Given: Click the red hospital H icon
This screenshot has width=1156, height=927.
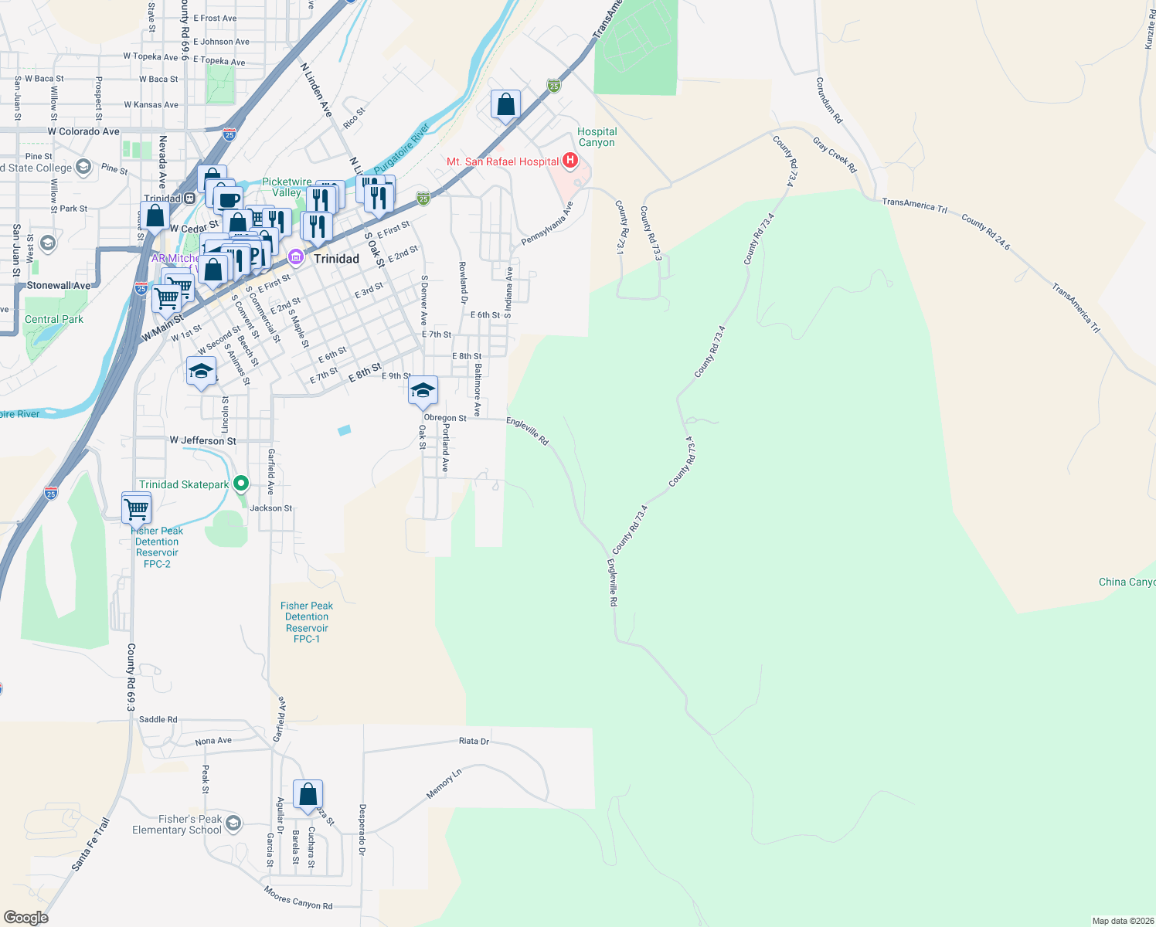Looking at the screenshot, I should coord(570,161).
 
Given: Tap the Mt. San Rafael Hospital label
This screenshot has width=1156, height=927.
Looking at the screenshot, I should coord(502,161).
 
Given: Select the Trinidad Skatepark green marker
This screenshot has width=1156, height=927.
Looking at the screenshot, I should coord(241,484).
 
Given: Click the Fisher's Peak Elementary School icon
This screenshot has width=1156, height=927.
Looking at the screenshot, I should coord(233,823).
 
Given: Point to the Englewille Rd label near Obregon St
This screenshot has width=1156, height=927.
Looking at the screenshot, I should coord(528,431).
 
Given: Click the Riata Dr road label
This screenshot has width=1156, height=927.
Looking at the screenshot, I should coord(474,741).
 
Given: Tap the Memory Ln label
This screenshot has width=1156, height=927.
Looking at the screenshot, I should coord(444,783).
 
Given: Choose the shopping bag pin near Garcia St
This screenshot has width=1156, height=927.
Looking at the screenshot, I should coord(308,795).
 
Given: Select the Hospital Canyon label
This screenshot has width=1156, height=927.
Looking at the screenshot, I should coord(597,137).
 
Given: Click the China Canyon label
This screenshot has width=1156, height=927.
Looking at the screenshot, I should coord(1126,582).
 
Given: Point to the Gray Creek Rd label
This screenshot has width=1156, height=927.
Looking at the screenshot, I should coord(835,154).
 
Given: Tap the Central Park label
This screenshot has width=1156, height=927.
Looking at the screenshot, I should coord(54,319).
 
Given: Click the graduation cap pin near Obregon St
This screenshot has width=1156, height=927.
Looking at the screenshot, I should coord(423,391).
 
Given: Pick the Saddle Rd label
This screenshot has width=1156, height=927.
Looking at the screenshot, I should coord(158,719).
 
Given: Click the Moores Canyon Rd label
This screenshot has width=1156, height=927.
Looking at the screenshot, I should coord(298,898).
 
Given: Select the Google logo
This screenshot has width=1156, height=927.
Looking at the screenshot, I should coord(26,917).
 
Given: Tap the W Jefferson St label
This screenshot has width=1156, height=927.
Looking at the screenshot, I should coord(203,440).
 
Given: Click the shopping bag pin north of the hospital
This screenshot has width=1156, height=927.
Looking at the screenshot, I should coord(505,105).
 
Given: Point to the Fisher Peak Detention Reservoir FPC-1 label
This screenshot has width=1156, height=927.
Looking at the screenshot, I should coord(307,622).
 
